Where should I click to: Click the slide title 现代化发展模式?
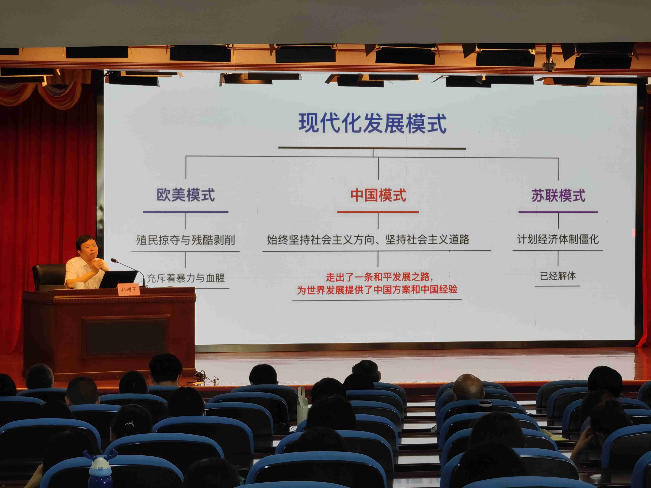(x=373, y=124)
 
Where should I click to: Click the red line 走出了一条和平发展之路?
(x=379, y=277)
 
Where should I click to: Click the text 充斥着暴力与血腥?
(x=186, y=278)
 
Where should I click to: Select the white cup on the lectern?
(x=79, y=285)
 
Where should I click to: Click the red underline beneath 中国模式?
(x=378, y=212)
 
